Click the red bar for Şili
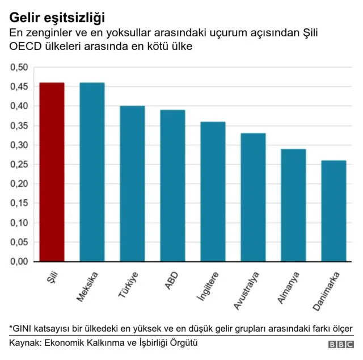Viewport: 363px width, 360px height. [x=52, y=172]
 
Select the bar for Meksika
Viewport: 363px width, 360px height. [x=92, y=172]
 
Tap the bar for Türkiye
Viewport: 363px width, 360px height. [x=132, y=183]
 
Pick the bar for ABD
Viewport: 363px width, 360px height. [x=172, y=186]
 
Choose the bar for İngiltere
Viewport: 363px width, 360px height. [x=213, y=191]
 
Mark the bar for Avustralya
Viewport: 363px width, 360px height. [x=253, y=197]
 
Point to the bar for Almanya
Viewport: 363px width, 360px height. [x=293, y=205]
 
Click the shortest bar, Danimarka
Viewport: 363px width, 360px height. [x=334, y=211]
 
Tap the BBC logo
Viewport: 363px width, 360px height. [x=340, y=345]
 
